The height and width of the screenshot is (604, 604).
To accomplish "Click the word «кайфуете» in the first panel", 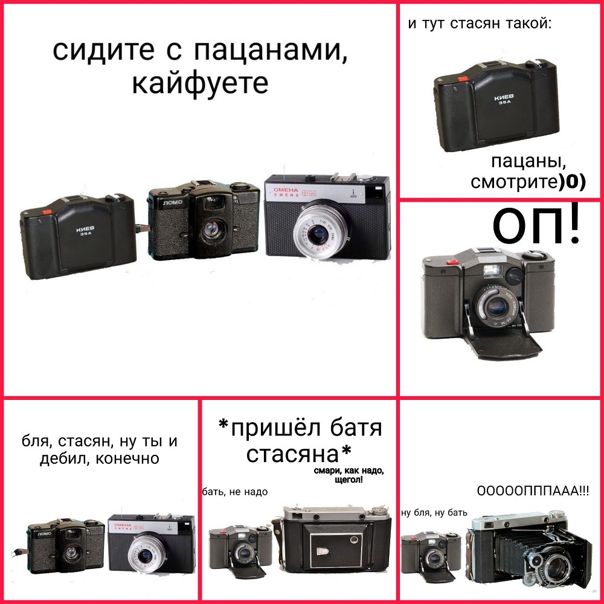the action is point(200,83).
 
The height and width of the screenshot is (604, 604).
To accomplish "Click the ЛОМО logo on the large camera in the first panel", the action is point(173,202).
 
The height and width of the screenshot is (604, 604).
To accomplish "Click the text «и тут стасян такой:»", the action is point(480,24).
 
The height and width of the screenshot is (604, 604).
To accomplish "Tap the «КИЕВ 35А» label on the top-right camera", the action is point(504,100).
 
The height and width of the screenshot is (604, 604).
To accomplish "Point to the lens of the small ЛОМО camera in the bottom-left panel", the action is point(71,553).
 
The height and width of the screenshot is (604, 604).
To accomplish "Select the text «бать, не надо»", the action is point(234,492).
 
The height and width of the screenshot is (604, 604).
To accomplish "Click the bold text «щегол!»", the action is point(349,480).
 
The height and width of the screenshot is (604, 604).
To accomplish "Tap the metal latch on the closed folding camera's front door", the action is point(322,551).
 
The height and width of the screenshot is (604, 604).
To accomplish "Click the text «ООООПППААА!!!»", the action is point(533,491).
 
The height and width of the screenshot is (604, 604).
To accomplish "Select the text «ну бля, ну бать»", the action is point(434,512).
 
